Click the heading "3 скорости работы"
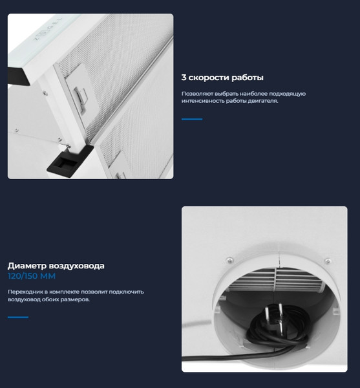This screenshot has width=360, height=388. point(222,78)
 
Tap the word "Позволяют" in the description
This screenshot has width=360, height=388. point(197,94)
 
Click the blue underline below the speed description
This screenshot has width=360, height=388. point(192,119)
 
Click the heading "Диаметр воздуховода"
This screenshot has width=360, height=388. point(56,266)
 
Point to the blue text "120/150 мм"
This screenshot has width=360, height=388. point(32,276)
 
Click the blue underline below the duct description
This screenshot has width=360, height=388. point(18,317)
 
